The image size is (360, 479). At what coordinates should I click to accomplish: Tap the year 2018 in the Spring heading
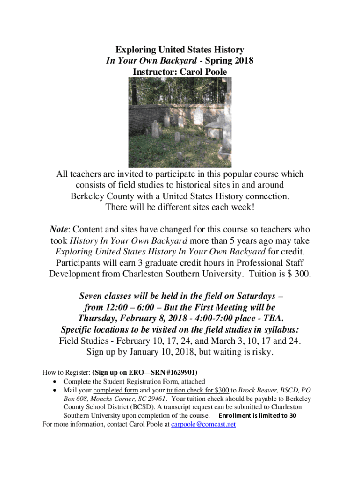pos(243,61)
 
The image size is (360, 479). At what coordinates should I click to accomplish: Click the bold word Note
pos(59,230)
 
